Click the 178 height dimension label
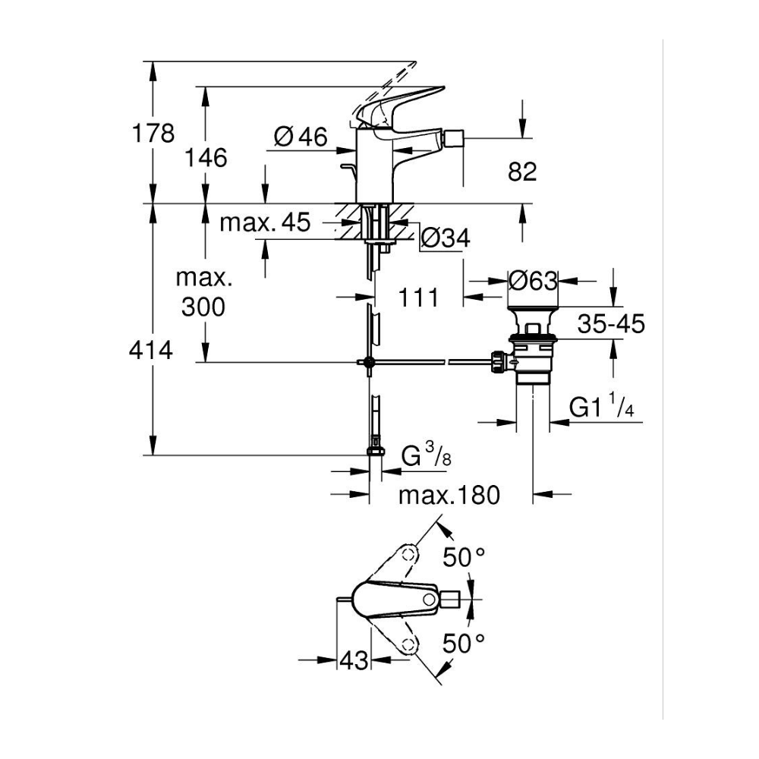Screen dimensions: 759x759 coord(153,133)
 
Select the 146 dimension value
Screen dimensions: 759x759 coord(206,157)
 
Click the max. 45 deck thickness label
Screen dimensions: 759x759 coord(265,222)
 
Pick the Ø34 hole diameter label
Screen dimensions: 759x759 coord(445,238)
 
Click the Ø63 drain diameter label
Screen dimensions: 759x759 coord(533,280)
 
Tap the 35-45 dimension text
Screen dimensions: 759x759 coord(610,324)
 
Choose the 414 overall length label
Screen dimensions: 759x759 coord(153,350)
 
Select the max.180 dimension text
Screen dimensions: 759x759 coord(450,496)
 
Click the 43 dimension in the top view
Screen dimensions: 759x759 coord(353,660)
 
